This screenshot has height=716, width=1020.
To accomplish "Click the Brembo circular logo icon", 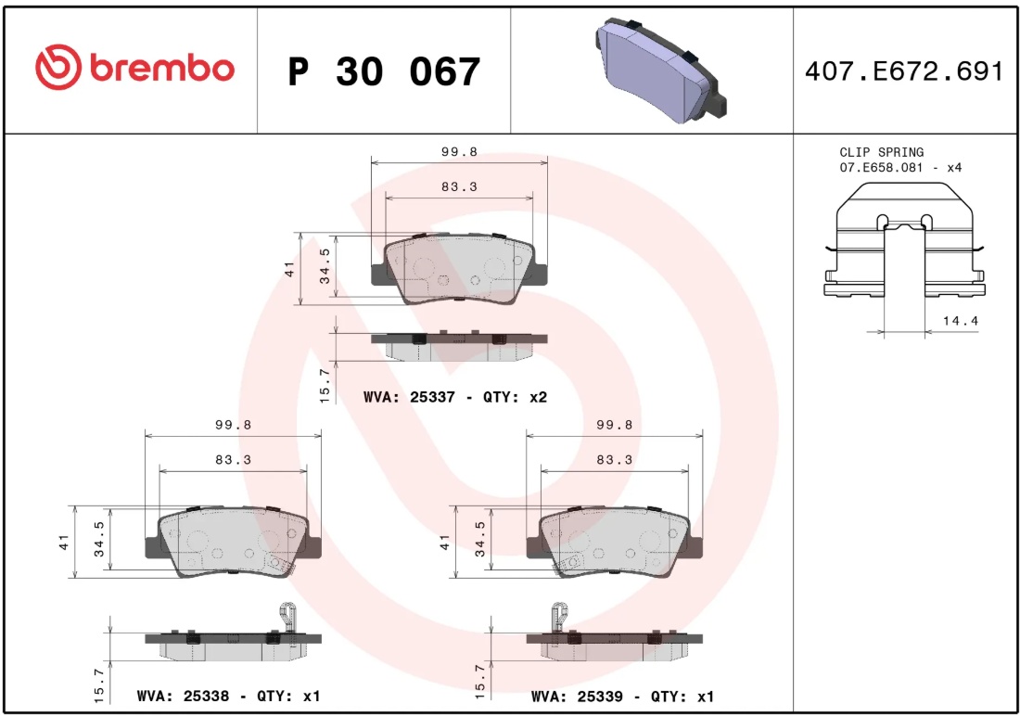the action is (x=58, y=67).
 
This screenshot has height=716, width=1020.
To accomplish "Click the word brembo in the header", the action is (x=162, y=68).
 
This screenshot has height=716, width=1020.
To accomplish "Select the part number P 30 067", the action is (x=384, y=71).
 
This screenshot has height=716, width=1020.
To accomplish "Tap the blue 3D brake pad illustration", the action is (x=659, y=70).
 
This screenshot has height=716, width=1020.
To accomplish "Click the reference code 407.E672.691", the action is (x=903, y=70).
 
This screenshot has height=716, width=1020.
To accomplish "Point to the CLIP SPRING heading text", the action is (x=882, y=152).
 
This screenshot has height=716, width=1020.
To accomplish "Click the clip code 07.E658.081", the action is (x=882, y=167).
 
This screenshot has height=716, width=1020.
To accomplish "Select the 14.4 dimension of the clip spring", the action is (x=960, y=321).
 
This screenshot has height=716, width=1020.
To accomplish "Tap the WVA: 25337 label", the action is (x=409, y=396).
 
